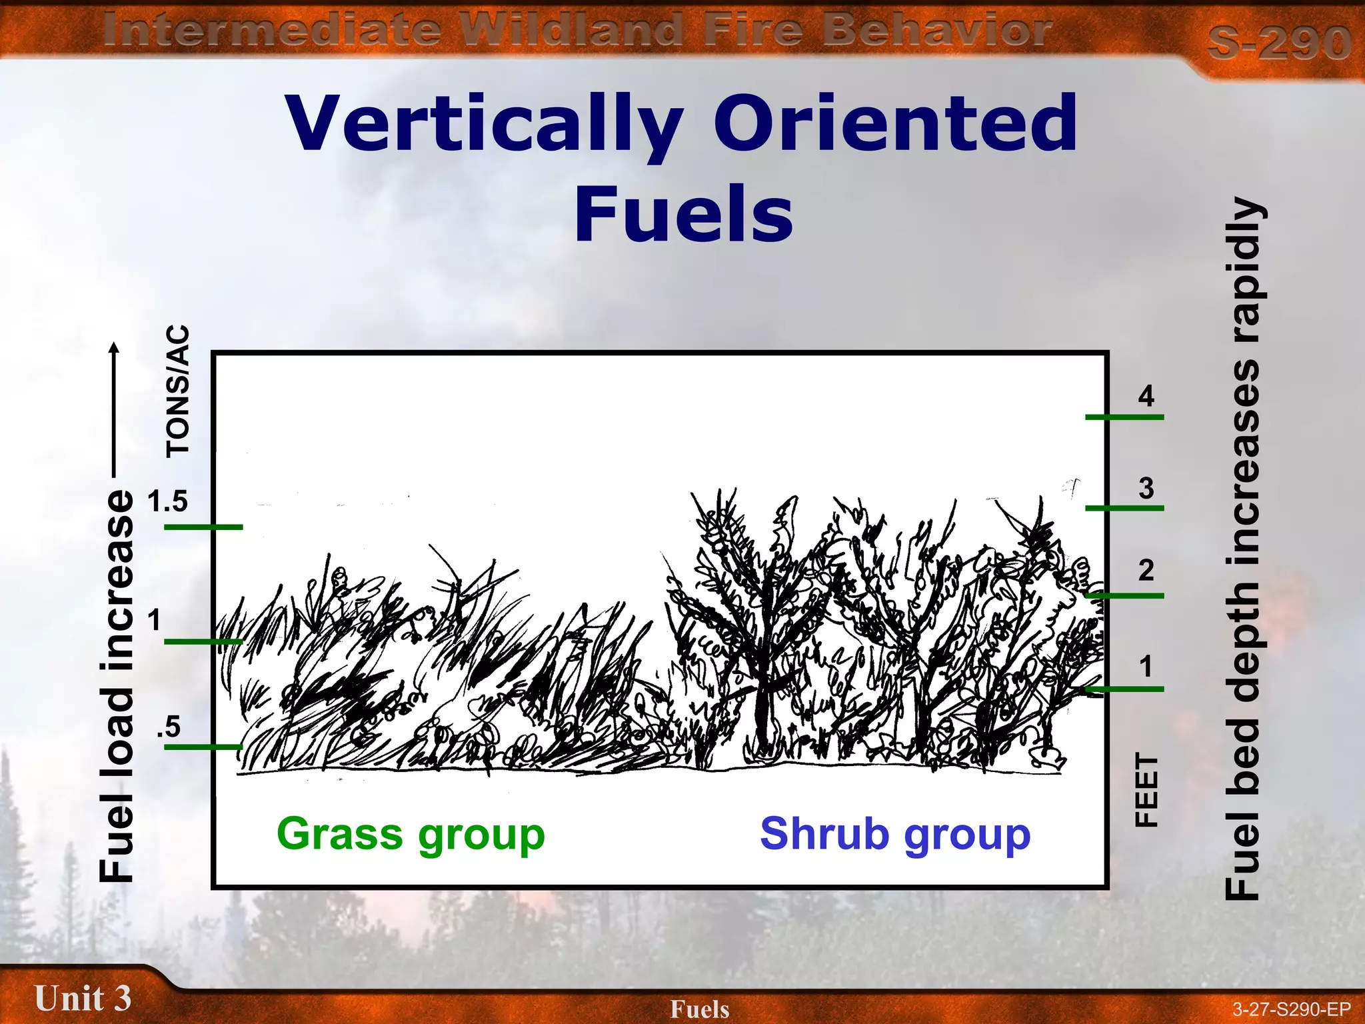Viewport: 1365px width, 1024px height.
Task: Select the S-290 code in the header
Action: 1279,43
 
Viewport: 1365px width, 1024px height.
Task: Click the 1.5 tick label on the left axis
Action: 168,501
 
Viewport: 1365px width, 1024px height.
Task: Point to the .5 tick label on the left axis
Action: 169,727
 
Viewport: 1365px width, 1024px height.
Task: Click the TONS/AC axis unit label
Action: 178,391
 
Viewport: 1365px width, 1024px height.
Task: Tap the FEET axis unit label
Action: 1146,790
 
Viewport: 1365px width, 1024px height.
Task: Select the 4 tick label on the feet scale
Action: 1146,396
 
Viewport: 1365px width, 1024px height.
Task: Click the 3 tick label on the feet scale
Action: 1146,488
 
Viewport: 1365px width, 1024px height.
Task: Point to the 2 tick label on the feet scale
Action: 1146,570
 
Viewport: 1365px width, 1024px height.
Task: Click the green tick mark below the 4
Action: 1124,417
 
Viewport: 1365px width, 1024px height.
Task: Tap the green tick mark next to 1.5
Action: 203,527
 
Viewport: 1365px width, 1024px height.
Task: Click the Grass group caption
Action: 411,835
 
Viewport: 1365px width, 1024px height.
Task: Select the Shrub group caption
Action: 894,835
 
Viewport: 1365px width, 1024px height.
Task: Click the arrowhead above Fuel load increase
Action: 114,347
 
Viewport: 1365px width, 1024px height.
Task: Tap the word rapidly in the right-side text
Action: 1244,270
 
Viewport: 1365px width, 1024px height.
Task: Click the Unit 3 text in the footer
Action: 83,999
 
